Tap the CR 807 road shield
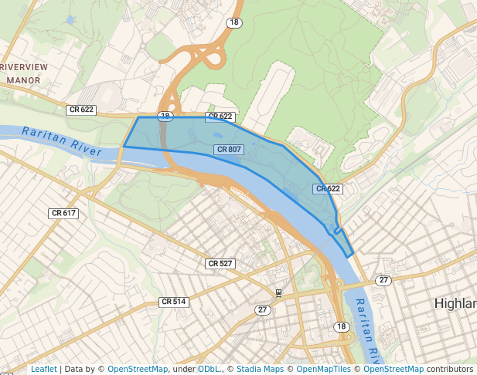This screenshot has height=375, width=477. coord(229,149)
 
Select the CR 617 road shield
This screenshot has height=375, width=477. coord(63,213)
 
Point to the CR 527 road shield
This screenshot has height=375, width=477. coord(220,264)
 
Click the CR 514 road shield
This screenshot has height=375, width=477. coord(174,302)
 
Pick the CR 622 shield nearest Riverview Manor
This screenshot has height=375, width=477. coord(81,110)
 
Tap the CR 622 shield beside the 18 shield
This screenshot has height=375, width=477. coord(220,117)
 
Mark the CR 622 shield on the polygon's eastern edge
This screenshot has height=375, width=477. coord(328,188)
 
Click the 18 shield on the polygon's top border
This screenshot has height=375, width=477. coord(165,116)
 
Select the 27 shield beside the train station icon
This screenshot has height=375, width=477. coord(264,309)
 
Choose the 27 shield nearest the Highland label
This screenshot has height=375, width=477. coord(383,279)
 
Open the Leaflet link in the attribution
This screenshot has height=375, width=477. coord(44,370)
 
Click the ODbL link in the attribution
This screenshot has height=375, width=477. coord(208,370)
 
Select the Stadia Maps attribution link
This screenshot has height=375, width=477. coord(260,370)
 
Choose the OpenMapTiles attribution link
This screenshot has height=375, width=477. coord(325,370)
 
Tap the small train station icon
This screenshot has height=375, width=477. coord(278,292)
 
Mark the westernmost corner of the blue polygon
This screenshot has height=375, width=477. coord(124,146)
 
